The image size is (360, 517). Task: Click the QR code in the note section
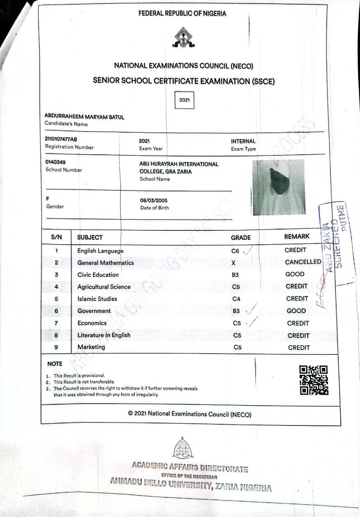tap(314, 380)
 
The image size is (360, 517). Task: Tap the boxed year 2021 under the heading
tap(184, 100)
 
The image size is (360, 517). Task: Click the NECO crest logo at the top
tap(182, 38)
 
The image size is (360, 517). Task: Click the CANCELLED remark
tap(303, 262)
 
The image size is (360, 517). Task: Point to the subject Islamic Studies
tap(97, 299)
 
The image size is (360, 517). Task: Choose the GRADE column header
tap(241, 237)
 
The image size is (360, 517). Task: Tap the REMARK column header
tap(297, 237)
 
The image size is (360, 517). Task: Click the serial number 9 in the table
tap(56, 347)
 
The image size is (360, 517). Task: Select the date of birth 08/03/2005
tap(154, 200)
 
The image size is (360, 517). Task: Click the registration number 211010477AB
tap(61, 139)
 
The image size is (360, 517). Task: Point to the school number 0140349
tap(55, 162)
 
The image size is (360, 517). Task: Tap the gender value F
tap(48, 198)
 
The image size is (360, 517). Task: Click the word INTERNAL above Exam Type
tap(243, 141)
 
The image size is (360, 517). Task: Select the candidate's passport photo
tap(279, 187)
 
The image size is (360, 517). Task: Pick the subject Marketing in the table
tap(91, 347)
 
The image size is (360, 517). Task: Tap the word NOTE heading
tap(55, 364)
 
